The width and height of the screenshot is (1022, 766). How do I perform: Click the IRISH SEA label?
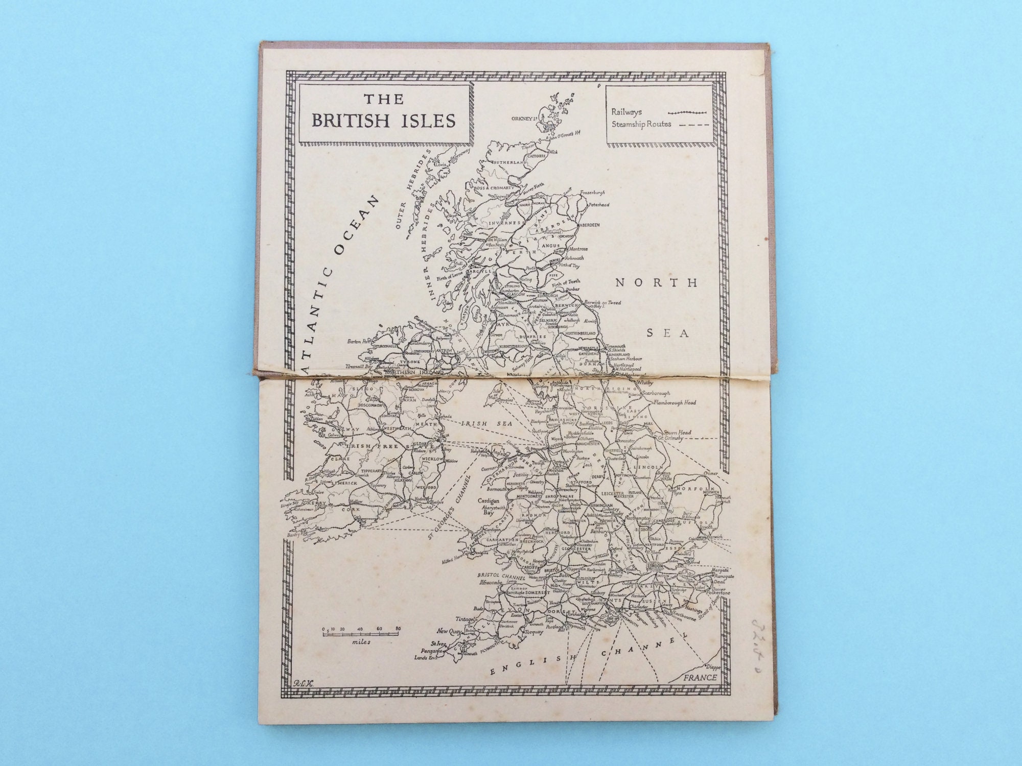point(480,423)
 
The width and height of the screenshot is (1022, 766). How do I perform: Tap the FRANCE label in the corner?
point(701,678)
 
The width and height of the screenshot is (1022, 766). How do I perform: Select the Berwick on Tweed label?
point(604,302)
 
